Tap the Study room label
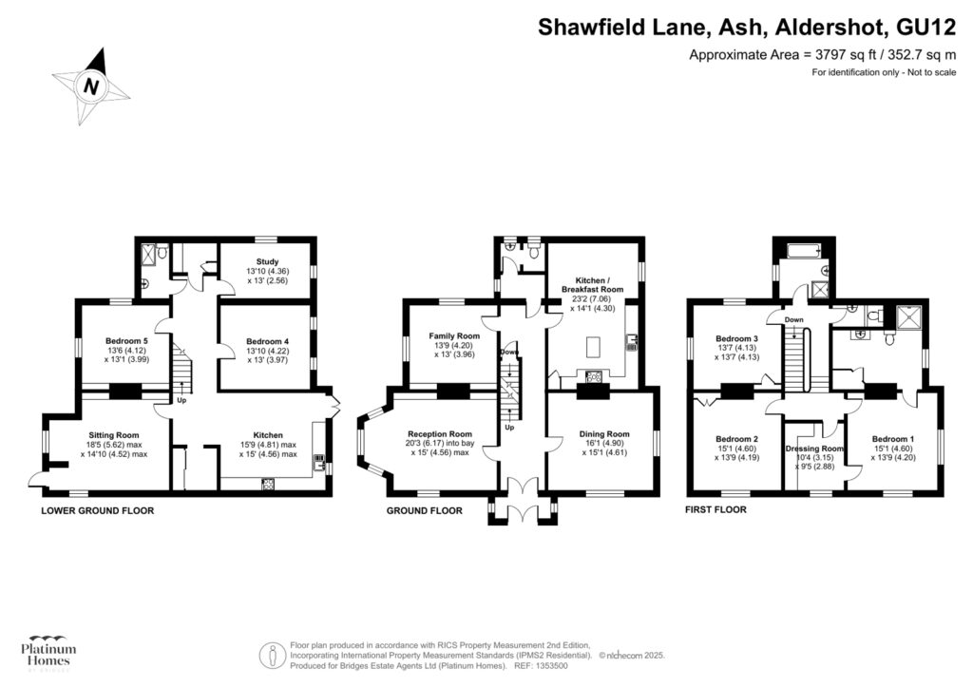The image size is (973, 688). coord(267,261)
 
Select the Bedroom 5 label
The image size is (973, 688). coord(126,341)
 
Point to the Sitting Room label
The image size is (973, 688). coord(114,435)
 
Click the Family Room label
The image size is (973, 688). coord(454,336)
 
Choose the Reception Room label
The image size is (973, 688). coord(440,434)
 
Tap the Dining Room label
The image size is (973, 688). coord(604,434)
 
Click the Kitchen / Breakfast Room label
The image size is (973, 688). coord(593,285)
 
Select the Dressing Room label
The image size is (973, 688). coord(814,449)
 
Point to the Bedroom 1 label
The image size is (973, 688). coord(893,439)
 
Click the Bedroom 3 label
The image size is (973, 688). coord(736,338)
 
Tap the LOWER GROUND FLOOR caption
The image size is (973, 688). coord(98,510)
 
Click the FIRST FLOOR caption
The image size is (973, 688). coord(715,509)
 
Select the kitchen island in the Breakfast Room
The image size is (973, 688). coord(593,347)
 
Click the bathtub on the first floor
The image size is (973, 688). coord(805,251)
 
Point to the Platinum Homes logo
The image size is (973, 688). coord(48,653)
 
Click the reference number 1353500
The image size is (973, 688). coord(550,666)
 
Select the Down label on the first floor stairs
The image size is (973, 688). coord(793,320)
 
